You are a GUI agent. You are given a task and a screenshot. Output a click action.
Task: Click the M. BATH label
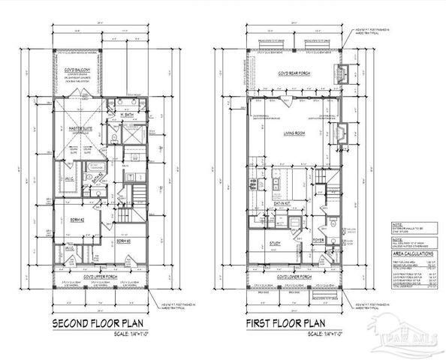(127, 114)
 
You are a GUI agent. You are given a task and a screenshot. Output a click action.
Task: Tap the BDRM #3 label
(123, 241)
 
